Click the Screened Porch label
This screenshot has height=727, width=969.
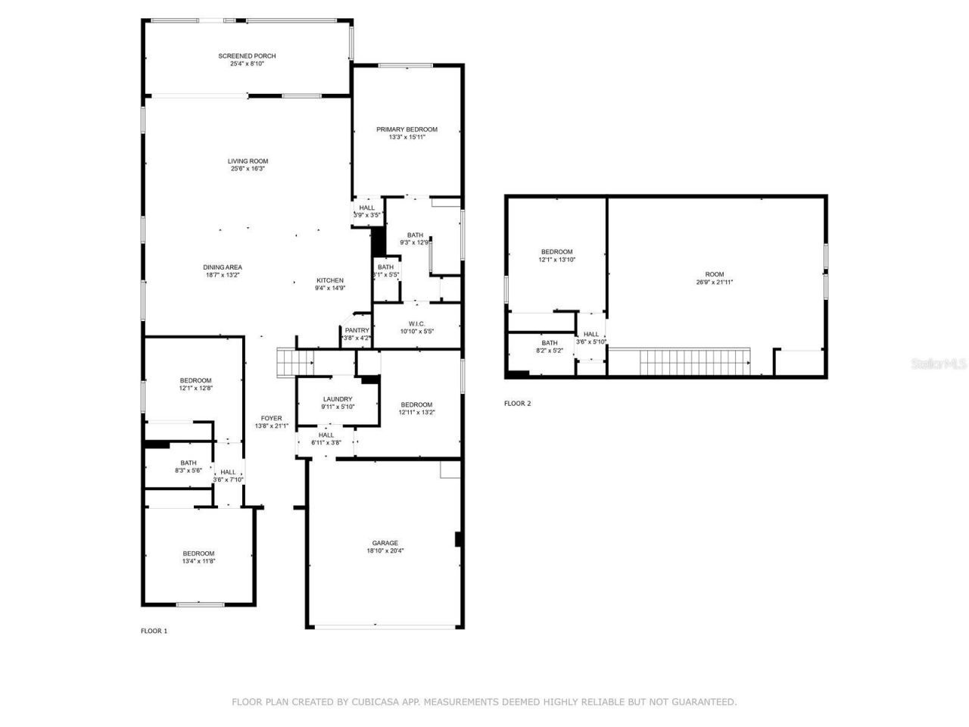[247, 56]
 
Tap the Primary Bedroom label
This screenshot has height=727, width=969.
[407, 129]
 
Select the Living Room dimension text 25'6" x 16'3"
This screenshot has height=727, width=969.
[248, 169]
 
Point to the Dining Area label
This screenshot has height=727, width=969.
[223, 267]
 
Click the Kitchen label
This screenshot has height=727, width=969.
[329, 280]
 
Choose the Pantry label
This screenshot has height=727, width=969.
[357, 330]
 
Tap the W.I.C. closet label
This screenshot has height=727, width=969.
[416, 323]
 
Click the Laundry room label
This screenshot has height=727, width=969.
[337, 399]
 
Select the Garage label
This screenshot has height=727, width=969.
[385, 543]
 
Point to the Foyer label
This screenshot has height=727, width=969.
[271, 418]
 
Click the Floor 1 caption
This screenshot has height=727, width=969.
[154, 631]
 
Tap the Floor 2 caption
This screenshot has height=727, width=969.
[517, 404]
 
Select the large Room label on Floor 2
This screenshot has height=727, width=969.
[714, 274]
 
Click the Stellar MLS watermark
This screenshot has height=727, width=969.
[939, 364]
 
